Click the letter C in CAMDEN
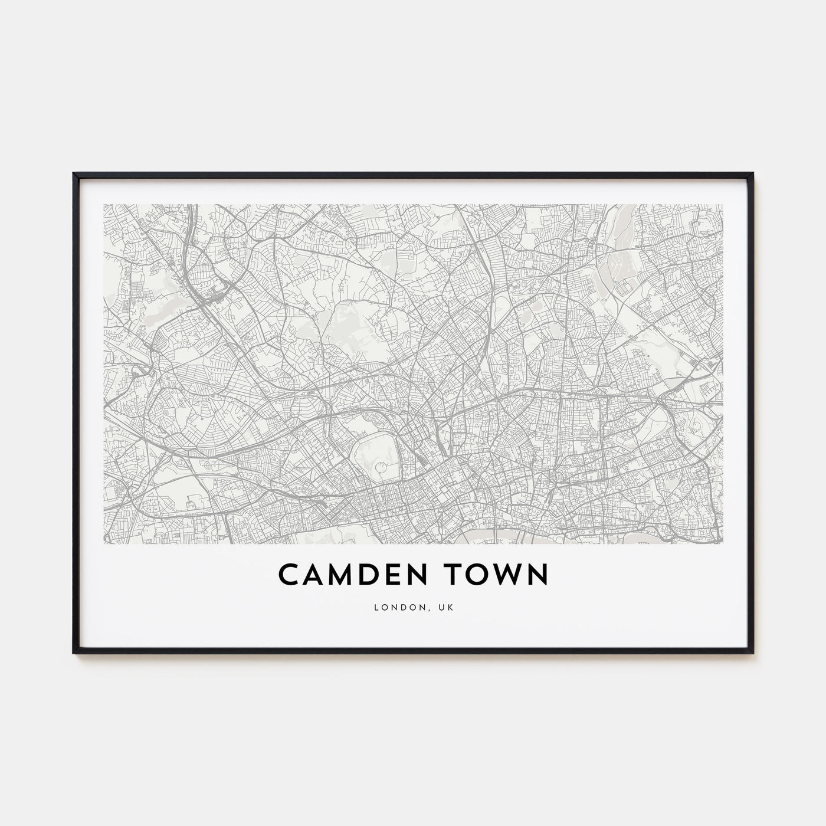(x=289, y=575)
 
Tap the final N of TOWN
(x=538, y=575)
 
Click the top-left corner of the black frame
(x=74, y=174)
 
